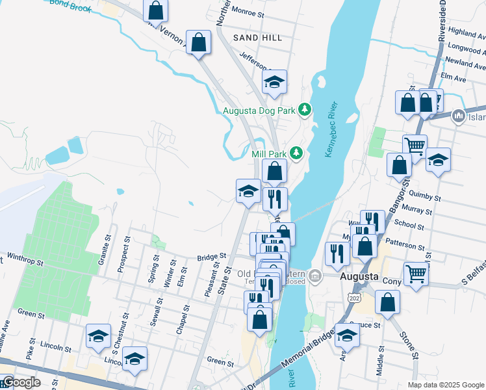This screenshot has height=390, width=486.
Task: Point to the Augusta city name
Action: (359, 276)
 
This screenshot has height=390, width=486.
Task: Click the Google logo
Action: (21, 382)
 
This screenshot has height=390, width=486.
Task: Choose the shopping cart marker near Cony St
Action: (416, 272)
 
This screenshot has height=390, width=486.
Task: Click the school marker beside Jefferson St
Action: (275, 82)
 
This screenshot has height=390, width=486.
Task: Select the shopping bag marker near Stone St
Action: (387, 302)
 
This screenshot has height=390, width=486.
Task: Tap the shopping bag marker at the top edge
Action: (155, 10)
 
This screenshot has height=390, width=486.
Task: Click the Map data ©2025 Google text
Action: (446, 384)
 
